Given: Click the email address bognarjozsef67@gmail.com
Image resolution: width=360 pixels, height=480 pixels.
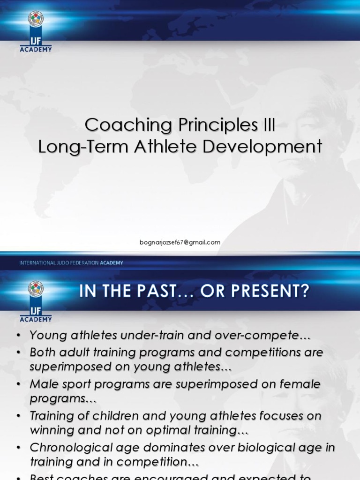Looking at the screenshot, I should [x=180, y=242].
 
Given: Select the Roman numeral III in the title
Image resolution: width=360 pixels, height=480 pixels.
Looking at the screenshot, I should [x=266, y=125].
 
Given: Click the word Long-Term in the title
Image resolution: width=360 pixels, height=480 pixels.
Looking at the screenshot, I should [x=83, y=146].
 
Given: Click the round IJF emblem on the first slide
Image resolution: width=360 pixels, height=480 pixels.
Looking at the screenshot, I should [x=36, y=19].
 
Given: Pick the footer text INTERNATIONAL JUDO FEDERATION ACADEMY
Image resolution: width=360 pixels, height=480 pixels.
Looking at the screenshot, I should [x=71, y=263].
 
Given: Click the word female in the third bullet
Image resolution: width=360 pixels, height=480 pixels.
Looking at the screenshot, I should [x=298, y=384].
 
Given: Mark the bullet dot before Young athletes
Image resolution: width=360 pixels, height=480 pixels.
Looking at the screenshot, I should [x=18, y=336].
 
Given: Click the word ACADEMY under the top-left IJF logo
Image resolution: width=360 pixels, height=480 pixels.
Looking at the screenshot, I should [x=36, y=48].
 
